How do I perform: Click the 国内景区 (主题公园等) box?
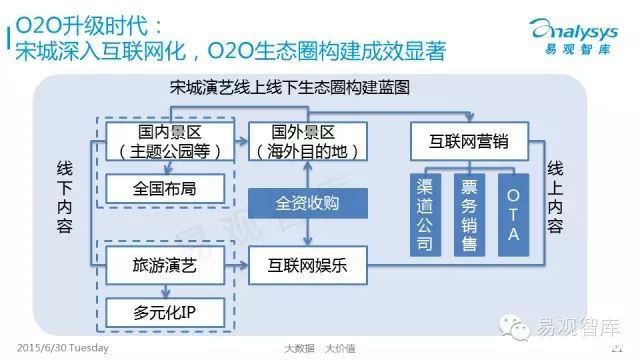(170, 141)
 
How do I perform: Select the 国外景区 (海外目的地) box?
(308, 141)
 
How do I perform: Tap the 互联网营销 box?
(469, 141)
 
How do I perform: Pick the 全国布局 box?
(165, 189)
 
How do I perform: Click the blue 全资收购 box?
(308, 203)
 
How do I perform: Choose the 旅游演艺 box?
(165, 265)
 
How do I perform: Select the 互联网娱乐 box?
(308, 265)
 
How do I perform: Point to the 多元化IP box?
(165, 313)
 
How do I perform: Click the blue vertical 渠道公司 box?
(425, 215)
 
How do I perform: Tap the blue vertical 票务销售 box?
(469, 215)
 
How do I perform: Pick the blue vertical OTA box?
(513, 215)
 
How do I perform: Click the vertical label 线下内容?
(64, 197)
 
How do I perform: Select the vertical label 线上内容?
(555, 197)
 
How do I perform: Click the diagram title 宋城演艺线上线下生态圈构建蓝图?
(290, 87)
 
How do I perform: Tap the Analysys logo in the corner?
(574, 37)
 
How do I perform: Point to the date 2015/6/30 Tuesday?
(63, 348)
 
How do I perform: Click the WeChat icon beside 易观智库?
(514, 327)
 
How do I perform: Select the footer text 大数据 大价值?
(320, 348)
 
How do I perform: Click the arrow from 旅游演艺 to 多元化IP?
(165, 291)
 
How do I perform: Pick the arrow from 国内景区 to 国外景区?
(241, 141)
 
